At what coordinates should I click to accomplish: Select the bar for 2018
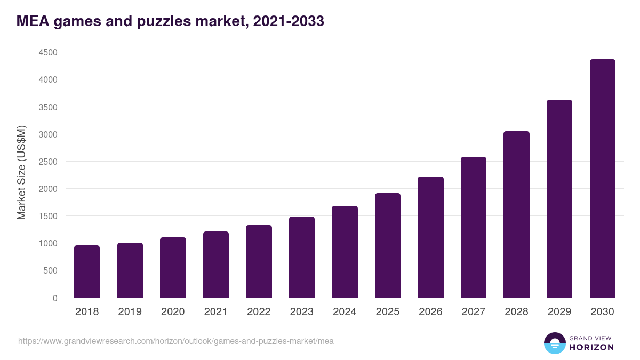pyautogui.click(x=87, y=271)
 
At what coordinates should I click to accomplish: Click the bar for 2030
pyautogui.click(x=602, y=179)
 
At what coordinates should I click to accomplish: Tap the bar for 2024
pyautogui.click(x=345, y=252)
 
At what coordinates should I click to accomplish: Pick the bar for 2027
pyautogui.click(x=474, y=227)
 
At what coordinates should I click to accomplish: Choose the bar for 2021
pyautogui.click(x=216, y=265)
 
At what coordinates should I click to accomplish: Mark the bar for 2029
pyautogui.click(x=559, y=199)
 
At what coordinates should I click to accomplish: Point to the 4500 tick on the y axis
pyautogui.click(x=47, y=52)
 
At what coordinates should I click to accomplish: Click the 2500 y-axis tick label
pyautogui.click(x=47, y=162)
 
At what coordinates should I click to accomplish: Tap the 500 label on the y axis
pyautogui.click(x=50, y=271)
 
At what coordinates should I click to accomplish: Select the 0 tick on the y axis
pyautogui.click(x=55, y=298)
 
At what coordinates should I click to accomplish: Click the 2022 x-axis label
pyautogui.click(x=259, y=312)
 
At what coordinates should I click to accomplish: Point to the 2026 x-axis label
pyautogui.click(x=430, y=312)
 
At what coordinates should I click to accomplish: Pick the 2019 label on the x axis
pyautogui.click(x=130, y=312)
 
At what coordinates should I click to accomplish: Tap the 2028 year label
pyautogui.click(x=516, y=312)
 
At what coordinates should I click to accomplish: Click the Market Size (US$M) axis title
pyautogui.click(x=21, y=172)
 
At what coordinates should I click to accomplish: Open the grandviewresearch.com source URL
pyautogui.click(x=176, y=341)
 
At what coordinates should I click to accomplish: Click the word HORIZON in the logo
pyautogui.click(x=591, y=347)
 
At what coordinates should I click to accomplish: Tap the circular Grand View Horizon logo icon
pyautogui.click(x=554, y=343)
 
